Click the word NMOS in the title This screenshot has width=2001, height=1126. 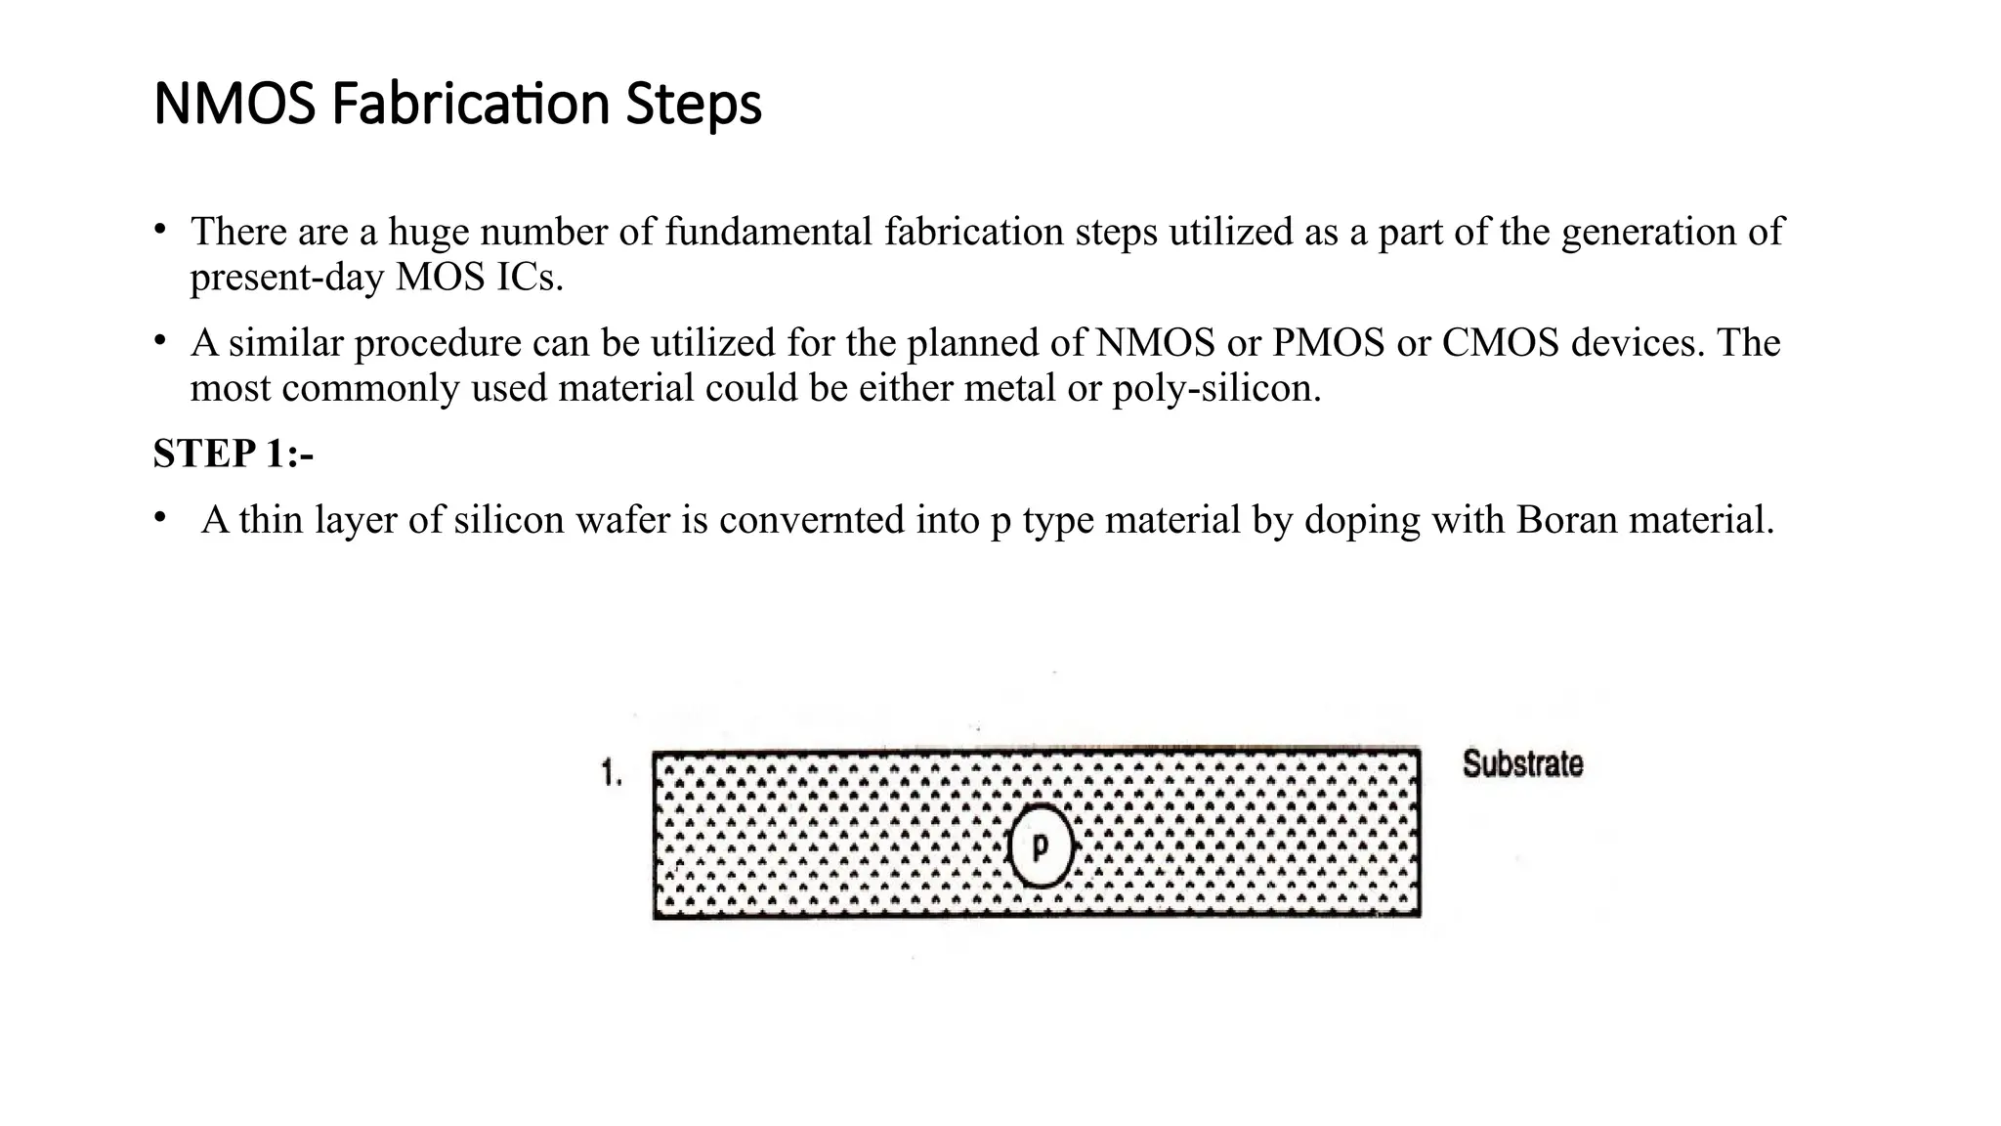[234, 104]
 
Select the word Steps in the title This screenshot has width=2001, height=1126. [693, 104]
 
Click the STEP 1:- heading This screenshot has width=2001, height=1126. [233, 454]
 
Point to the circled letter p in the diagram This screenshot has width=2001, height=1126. [1041, 845]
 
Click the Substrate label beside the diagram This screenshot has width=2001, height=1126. [1522, 763]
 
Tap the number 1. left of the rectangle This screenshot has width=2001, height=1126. [611, 775]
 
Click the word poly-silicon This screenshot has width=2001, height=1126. [1215, 389]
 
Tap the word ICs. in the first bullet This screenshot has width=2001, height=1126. [530, 278]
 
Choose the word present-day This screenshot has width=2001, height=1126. [286, 279]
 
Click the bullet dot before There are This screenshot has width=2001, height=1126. [159, 230]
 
